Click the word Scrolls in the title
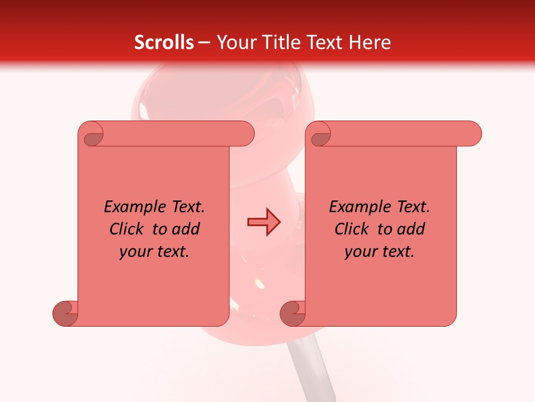(164, 42)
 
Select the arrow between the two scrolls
(264, 222)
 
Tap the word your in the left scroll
(137, 252)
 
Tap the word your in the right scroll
(362, 252)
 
